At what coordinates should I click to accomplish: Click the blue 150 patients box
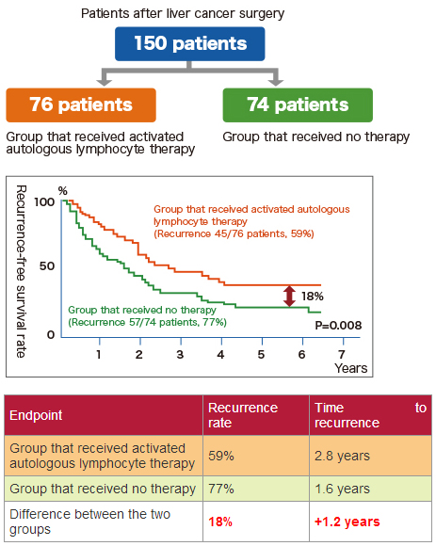click(x=190, y=44)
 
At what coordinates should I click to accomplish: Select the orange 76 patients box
click(x=81, y=104)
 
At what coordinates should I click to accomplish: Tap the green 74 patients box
click(x=298, y=104)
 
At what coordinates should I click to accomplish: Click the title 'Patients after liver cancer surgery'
click(x=183, y=13)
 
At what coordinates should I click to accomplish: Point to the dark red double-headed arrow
click(x=289, y=296)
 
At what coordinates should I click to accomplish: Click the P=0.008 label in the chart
click(x=338, y=325)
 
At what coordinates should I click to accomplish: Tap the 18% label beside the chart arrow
click(x=313, y=297)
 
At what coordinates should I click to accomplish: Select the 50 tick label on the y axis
click(x=47, y=266)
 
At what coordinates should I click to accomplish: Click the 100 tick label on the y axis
click(x=44, y=202)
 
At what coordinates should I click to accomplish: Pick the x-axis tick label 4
click(x=220, y=355)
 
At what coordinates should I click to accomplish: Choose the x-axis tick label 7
click(x=342, y=355)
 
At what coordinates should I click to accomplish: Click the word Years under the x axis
click(x=351, y=368)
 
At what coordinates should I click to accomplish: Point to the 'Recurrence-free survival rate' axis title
click(x=21, y=271)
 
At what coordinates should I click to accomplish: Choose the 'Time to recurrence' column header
click(x=370, y=415)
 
